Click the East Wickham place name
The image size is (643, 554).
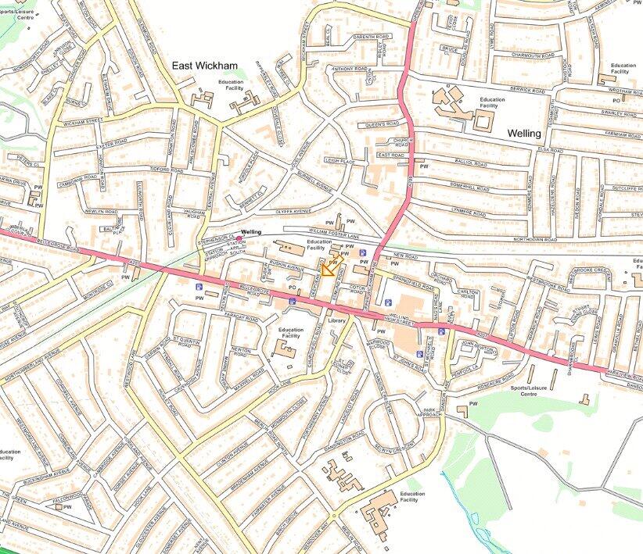pos(207,67)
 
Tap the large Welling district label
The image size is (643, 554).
pos(523,134)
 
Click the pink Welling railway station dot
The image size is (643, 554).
pos(239,238)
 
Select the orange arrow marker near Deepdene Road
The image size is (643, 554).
pos(329,270)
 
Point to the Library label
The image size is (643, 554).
pos(337,321)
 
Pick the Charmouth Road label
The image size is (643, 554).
pos(516,55)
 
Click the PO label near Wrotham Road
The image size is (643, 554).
pos(616,101)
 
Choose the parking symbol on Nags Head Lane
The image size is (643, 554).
pos(442,331)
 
